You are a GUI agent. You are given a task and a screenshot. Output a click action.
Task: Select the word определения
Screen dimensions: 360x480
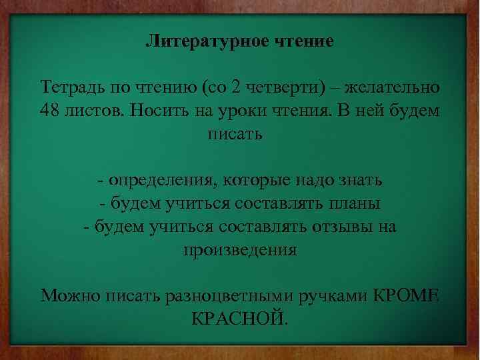pyautogui.click(x=163, y=181)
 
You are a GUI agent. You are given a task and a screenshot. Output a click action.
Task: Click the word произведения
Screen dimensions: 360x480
pyautogui.click(x=239, y=250)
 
